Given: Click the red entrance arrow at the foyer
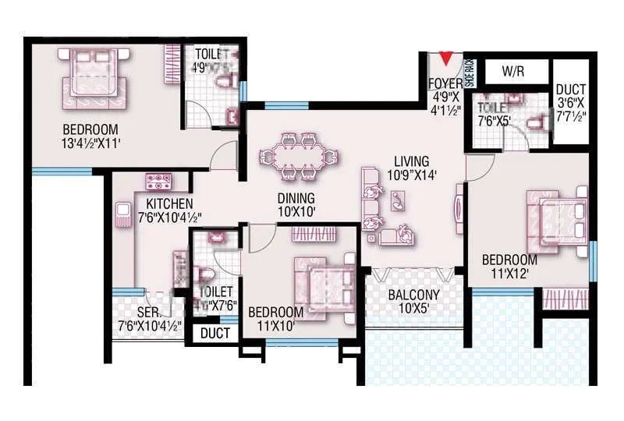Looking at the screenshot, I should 445,58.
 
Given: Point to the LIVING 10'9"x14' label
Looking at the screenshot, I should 413,168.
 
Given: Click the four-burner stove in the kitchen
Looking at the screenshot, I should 158,180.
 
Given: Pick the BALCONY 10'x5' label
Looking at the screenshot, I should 414,302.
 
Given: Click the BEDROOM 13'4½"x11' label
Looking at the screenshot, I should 90,136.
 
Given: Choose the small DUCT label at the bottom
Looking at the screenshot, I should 215,334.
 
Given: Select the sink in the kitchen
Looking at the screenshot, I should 123,213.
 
